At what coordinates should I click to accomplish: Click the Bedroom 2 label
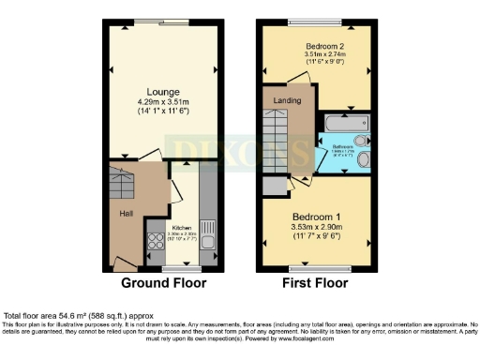click(324, 45)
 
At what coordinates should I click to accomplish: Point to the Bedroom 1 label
click(320, 214)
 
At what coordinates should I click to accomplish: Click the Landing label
click(287, 99)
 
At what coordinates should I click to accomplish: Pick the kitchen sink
click(208, 231)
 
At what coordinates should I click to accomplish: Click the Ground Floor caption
click(163, 282)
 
